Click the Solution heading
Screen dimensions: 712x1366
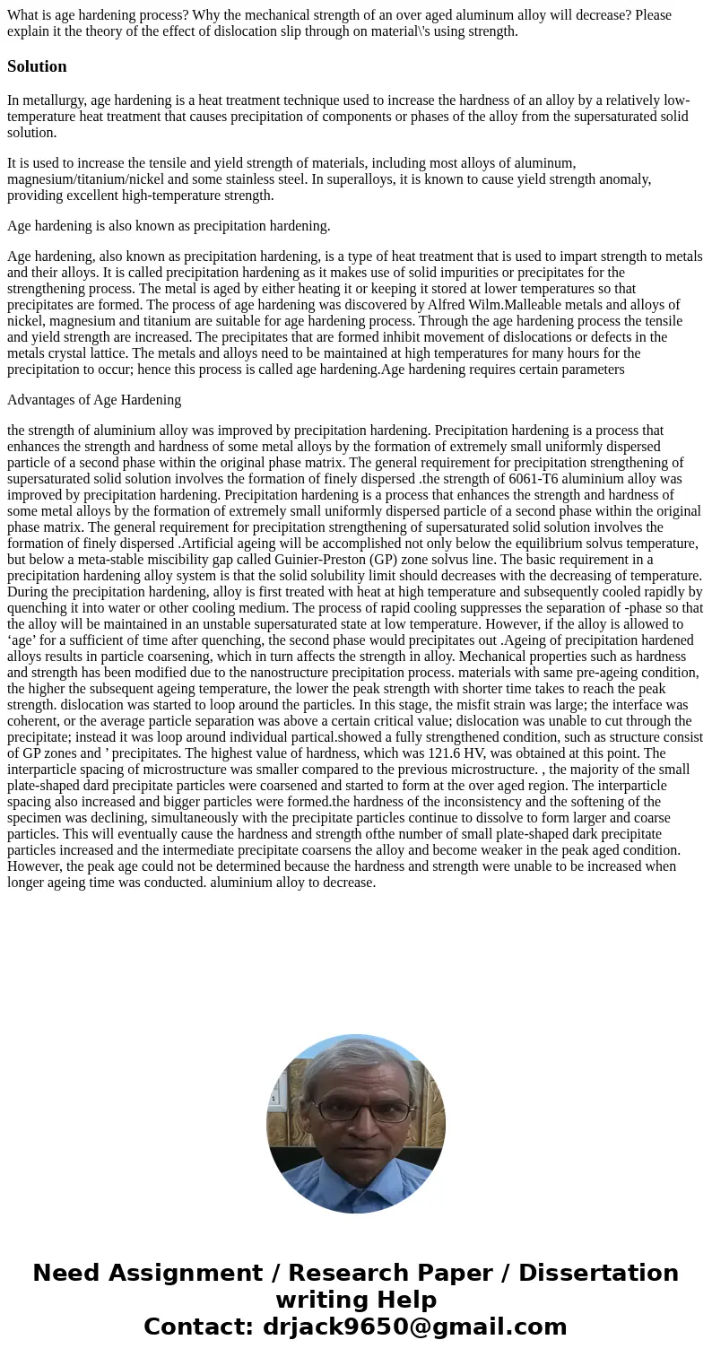tap(37, 66)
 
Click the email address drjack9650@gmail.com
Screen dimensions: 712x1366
tap(414, 1327)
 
